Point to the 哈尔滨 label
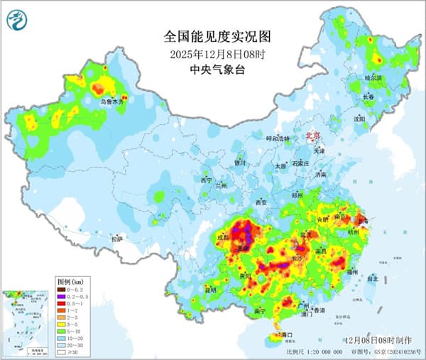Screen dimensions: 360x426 point(373,77)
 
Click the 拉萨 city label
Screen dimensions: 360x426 point(117,239)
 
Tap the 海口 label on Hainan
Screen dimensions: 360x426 point(287,334)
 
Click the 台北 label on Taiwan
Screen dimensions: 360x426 point(371,280)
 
